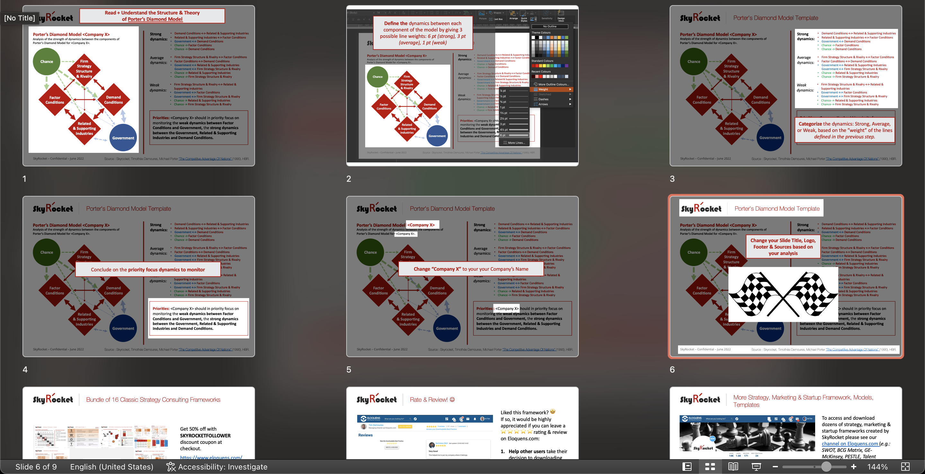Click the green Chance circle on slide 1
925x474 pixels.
pyautogui.click(x=47, y=61)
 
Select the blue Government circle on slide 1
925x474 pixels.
pyautogui.click(x=123, y=138)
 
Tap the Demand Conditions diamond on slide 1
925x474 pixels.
pyautogui.click(x=113, y=100)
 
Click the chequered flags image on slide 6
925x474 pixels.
pyautogui.click(x=783, y=294)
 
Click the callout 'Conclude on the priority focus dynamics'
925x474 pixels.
pyautogui.click(x=148, y=270)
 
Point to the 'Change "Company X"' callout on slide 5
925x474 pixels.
pyautogui.click(x=471, y=269)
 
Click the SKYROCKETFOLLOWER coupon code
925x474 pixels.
pyautogui.click(x=205, y=435)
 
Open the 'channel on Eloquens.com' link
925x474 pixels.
pyautogui.click(x=850, y=444)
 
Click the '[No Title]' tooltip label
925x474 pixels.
pyautogui.click(x=19, y=18)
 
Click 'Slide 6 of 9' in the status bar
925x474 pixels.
pyautogui.click(x=36, y=467)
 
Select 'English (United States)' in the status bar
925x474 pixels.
pyautogui.click(x=112, y=467)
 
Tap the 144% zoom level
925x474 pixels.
pyautogui.click(x=877, y=467)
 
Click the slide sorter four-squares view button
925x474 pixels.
pyautogui.click(x=710, y=467)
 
